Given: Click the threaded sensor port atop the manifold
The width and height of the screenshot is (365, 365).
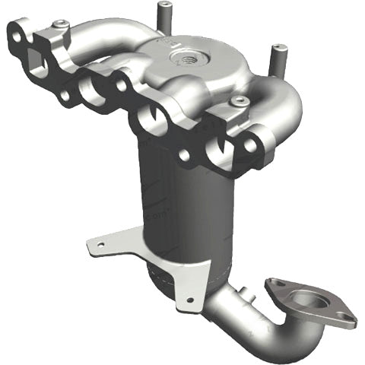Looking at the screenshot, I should pyautogui.click(x=185, y=56).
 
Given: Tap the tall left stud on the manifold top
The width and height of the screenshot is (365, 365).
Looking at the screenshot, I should pyautogui.click(x=162, y=14).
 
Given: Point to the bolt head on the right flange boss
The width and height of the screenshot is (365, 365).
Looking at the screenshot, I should pyautogui.click(x=240, y=100).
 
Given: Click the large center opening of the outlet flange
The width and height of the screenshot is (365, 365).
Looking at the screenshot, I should pyautogui.click(x=306, y=299).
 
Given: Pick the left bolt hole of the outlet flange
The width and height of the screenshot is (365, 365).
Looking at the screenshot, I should pyautogui.click(x=273, y=285).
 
